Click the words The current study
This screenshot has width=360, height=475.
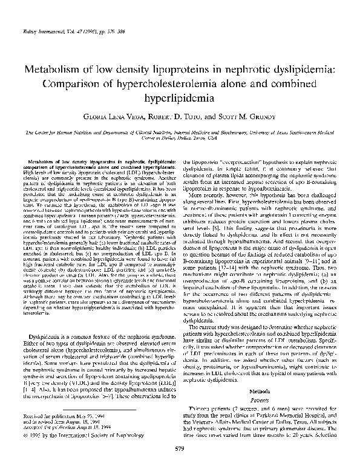click(x=217, y=312)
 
